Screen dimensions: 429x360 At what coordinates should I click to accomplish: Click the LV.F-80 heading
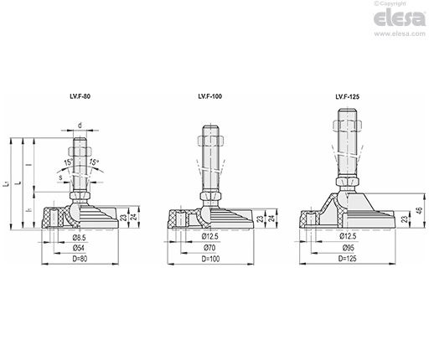[80, 96]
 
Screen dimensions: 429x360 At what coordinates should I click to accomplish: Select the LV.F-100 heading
[210, 96]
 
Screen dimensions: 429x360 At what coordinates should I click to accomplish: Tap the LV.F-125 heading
[348, 96]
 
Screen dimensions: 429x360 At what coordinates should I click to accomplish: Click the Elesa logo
[400, 18]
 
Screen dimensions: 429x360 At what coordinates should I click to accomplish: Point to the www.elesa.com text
[400, 33]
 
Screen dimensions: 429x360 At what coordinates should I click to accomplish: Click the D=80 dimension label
[80, 259]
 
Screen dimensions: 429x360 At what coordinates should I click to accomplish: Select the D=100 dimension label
[210, 259]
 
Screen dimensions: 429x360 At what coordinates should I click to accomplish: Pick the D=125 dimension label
[348, 259]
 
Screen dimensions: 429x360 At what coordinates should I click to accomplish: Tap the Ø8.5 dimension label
[79, 238]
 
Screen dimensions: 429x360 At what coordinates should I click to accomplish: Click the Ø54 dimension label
[79, 248]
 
